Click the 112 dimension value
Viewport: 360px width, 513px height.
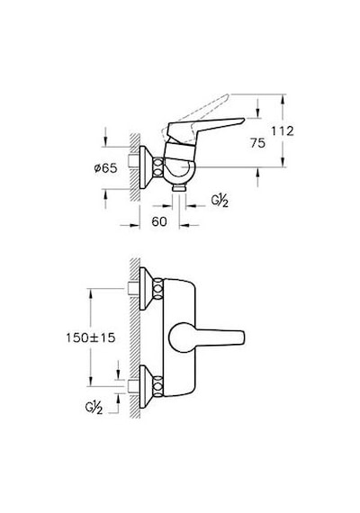click(x=283, y=131)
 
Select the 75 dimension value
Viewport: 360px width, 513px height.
click(x=258, y=143)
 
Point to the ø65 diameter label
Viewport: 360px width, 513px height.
click(x=105, y=168)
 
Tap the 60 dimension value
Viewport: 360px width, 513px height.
click(x=159, y=221)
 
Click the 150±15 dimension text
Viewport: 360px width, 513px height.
click(x=91, y=337)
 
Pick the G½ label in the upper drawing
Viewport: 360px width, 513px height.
click(x=220, y=202)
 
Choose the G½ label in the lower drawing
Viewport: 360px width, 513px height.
click(x=94, y=408)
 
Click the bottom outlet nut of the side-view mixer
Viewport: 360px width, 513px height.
click(x=179, y=188)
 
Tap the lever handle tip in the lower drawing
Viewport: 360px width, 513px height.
click(x=244, y=337)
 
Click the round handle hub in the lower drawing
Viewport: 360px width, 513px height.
click(x=182, y=337)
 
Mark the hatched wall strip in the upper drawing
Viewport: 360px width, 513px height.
click(x=135, y=167)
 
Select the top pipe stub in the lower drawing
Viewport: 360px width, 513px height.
click(x=133, y=289)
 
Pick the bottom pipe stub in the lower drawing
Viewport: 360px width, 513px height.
click(x=133, y=386)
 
